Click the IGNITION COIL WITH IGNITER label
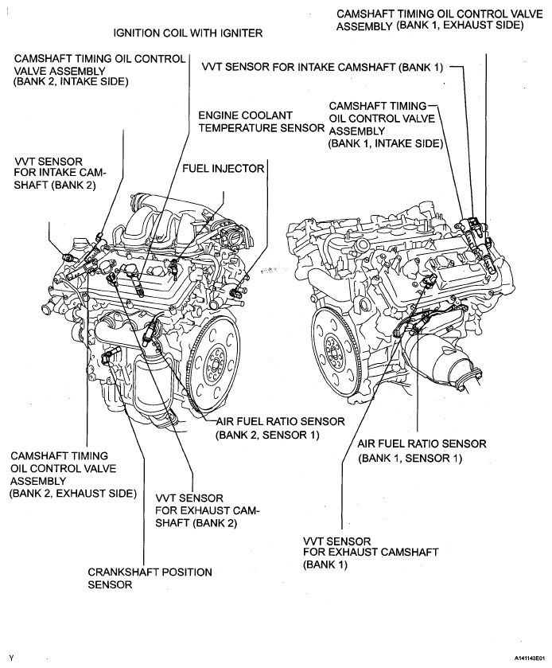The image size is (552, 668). (188, 33)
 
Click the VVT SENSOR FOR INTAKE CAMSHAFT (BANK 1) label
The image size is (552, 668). (323, 68)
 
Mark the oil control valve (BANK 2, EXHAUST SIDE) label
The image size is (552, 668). (72, 475)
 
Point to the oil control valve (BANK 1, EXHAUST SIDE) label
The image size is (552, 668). (430, 19)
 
